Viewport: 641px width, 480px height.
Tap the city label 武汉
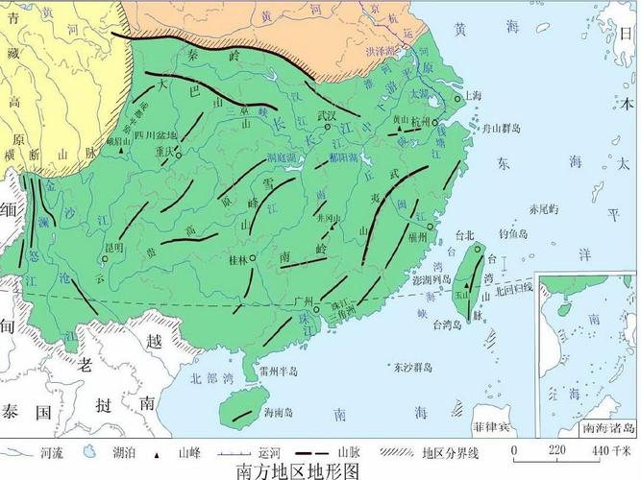pos(329,116)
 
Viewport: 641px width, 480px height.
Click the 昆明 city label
pos(114,248)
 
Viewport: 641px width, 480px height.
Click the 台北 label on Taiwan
pos(466,234)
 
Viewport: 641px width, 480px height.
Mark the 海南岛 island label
pos(279,411)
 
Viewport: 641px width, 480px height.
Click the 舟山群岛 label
pos(501,128)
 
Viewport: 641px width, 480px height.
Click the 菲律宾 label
pos(491,424)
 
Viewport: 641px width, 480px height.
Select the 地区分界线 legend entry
pos(451,451)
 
